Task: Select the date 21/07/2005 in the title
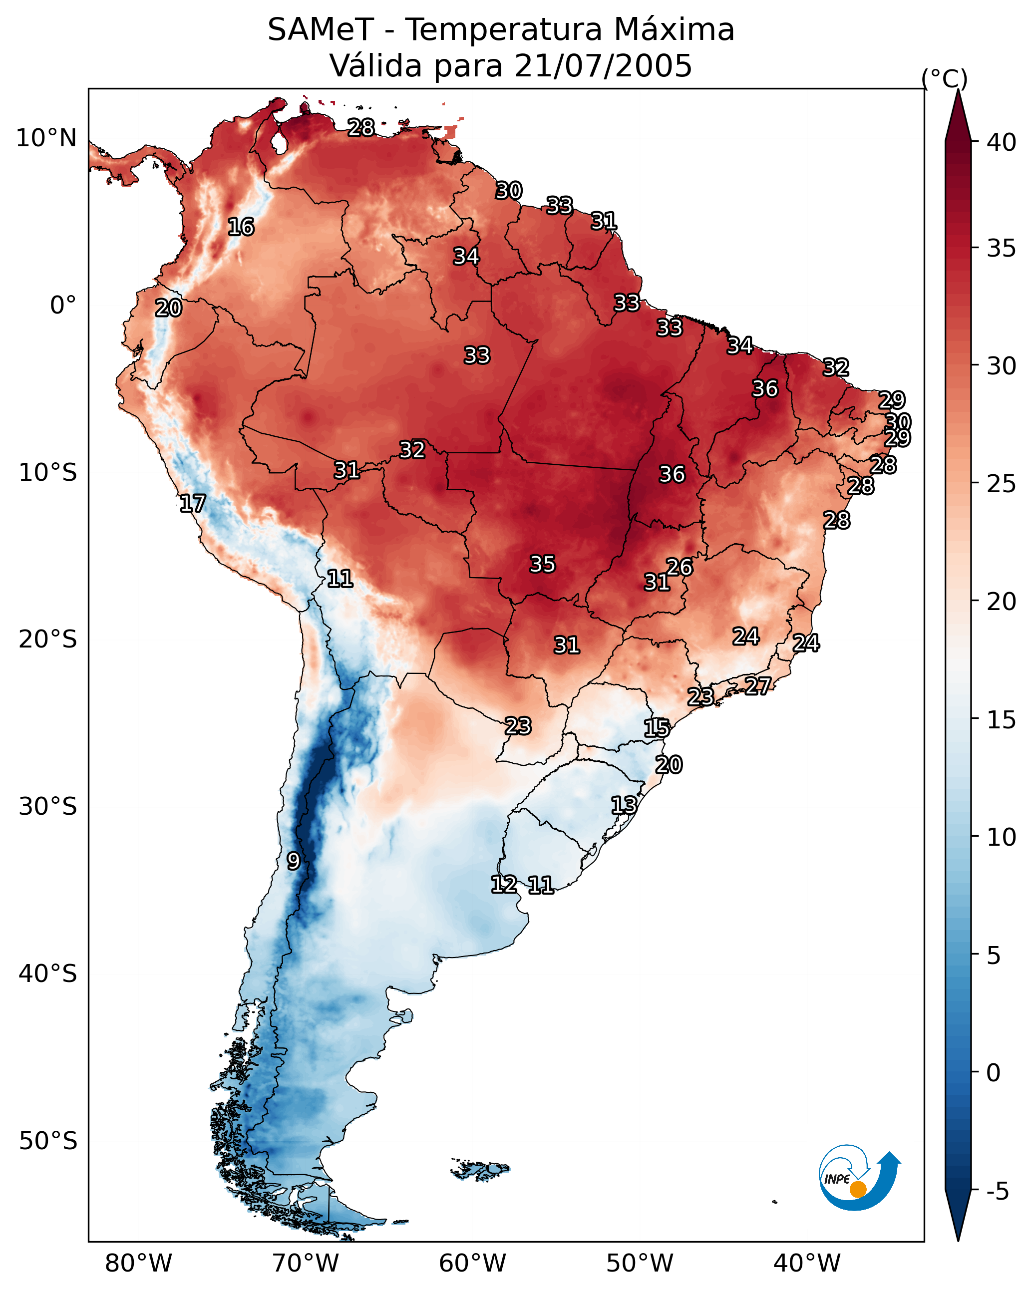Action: pyautogui.click(x=603, y=66)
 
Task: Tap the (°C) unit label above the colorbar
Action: pyautogui.click(x=944, y=78)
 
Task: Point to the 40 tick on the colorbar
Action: pyautogui.click(x=1002, y=142)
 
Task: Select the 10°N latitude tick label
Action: pyautogui.click(x=46, y=138)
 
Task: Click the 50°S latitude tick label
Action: pyautogui.click(x=48, y=1141)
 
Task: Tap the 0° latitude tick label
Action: pyautogui.click(x=63, y=306)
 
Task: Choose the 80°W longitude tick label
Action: pyautogui.click(x=138, y=1264)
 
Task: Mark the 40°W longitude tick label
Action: pyautogui.click(x=807, y=1264)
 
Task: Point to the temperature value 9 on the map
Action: pyautogui.click(x=293, y=861)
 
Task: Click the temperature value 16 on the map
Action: pyautogui.click(x=241, y=227)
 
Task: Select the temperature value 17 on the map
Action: pyautogui.click(x=193, y=504)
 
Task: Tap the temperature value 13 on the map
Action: pyautogui.click(x=624, y=805)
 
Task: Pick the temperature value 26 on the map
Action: pyautogui.click(x=679, y=567)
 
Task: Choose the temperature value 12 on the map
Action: pyautogui.click(x=504, y=885)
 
